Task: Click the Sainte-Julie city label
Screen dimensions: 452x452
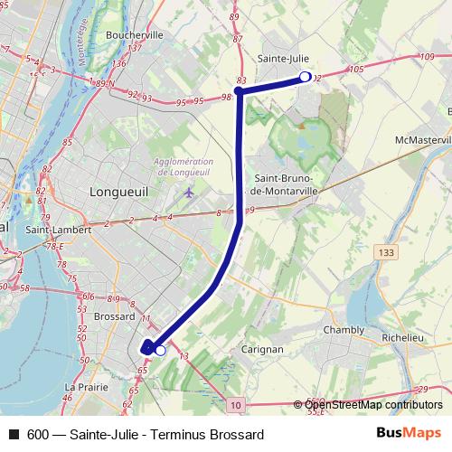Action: (x=283, y=59)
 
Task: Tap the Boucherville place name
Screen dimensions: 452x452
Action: (x=133, y=34)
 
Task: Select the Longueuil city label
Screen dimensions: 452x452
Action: (x=119, y=192)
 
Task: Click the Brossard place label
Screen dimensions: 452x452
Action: (x=114, y=317)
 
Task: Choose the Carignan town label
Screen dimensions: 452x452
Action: (x=263, y=348)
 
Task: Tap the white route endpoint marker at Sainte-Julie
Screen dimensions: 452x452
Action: (x=305, y=77)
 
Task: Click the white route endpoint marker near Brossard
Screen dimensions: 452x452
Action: (x=160, y=350)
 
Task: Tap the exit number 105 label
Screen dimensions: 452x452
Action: (x=355, y=69)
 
